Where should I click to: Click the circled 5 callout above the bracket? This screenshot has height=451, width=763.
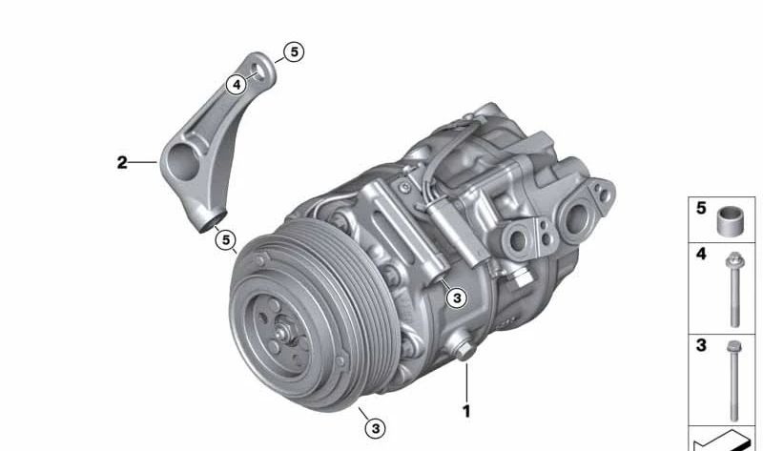[294, 51]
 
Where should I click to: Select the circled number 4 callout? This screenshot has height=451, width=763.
[237, 85]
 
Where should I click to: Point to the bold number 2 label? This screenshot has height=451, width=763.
[122, 162]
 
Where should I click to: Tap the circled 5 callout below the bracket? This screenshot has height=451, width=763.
[226, 240]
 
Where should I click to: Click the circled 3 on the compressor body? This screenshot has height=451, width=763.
[457, 297]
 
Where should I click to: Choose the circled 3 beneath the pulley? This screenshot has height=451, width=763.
[375, 429]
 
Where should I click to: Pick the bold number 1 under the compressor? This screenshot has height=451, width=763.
[466, 412]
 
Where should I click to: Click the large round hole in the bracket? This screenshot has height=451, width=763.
[183, 161]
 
